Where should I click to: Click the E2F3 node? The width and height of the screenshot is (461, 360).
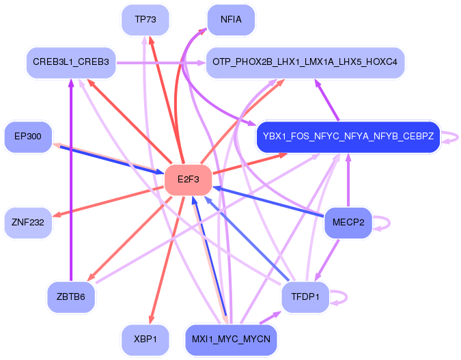pos(188,180)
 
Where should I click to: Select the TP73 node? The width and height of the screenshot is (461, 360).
pos(145,20)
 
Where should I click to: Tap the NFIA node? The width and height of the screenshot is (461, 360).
pos(231,20)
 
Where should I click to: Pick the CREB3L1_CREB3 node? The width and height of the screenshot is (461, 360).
pos(71,62)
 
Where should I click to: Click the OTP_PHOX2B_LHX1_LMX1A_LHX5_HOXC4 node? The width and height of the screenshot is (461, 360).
pos(305,62)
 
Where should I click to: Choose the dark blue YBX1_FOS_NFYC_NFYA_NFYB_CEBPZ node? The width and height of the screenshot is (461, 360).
pos(348,137)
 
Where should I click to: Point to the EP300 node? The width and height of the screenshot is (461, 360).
pos(28,137)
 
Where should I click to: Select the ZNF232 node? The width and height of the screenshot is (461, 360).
pos(28,222)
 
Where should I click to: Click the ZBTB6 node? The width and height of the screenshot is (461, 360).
pos(71,297)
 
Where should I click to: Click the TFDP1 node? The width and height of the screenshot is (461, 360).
pos(305,297)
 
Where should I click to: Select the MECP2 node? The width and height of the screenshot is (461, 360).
pos(348,222)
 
